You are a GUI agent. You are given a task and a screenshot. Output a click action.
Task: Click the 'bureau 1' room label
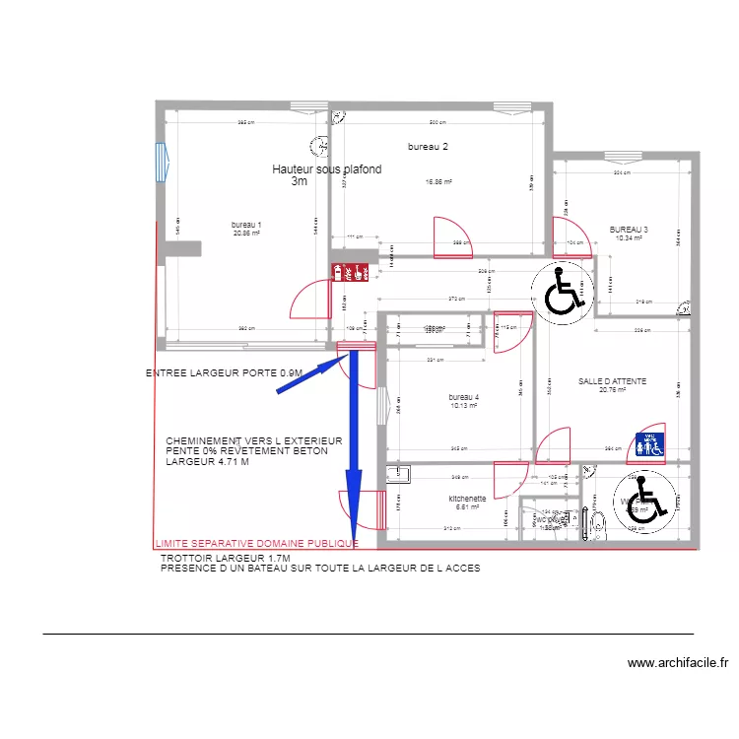point(246,224)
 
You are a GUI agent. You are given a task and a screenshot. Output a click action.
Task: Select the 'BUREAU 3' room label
point(628,229)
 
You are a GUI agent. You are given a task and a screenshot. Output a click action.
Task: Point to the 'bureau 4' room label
point(462,396)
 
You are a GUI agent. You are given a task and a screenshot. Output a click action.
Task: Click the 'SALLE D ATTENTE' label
point(612,380)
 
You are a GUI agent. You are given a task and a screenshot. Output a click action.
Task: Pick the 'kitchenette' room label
point(467,499)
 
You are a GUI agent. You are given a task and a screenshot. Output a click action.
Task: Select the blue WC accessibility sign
point(651,444)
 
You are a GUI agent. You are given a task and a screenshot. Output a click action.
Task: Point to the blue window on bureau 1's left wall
point(160,163)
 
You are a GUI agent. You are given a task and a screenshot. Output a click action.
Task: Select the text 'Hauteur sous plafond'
point(326,169)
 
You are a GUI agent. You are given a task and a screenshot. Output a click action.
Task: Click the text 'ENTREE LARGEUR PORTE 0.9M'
point(224,373)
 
